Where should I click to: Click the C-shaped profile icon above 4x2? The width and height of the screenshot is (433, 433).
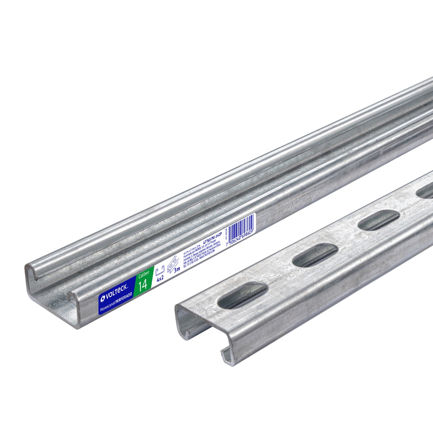point(159,269)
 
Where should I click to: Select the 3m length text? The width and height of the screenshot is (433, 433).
point(177,269)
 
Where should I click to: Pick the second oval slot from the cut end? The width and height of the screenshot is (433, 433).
point(315,255)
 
